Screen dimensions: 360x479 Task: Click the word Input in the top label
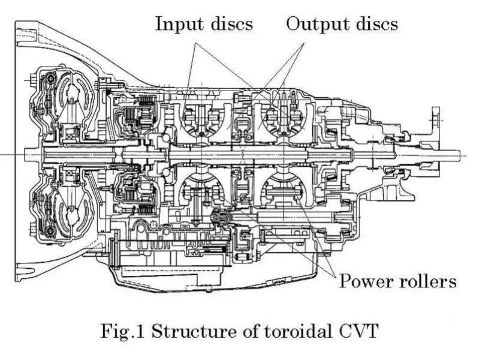click(x=178, y=24)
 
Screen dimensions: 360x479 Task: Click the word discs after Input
click(x=230, y=24)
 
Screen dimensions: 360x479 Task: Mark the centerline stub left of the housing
click(x=8, y=155)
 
